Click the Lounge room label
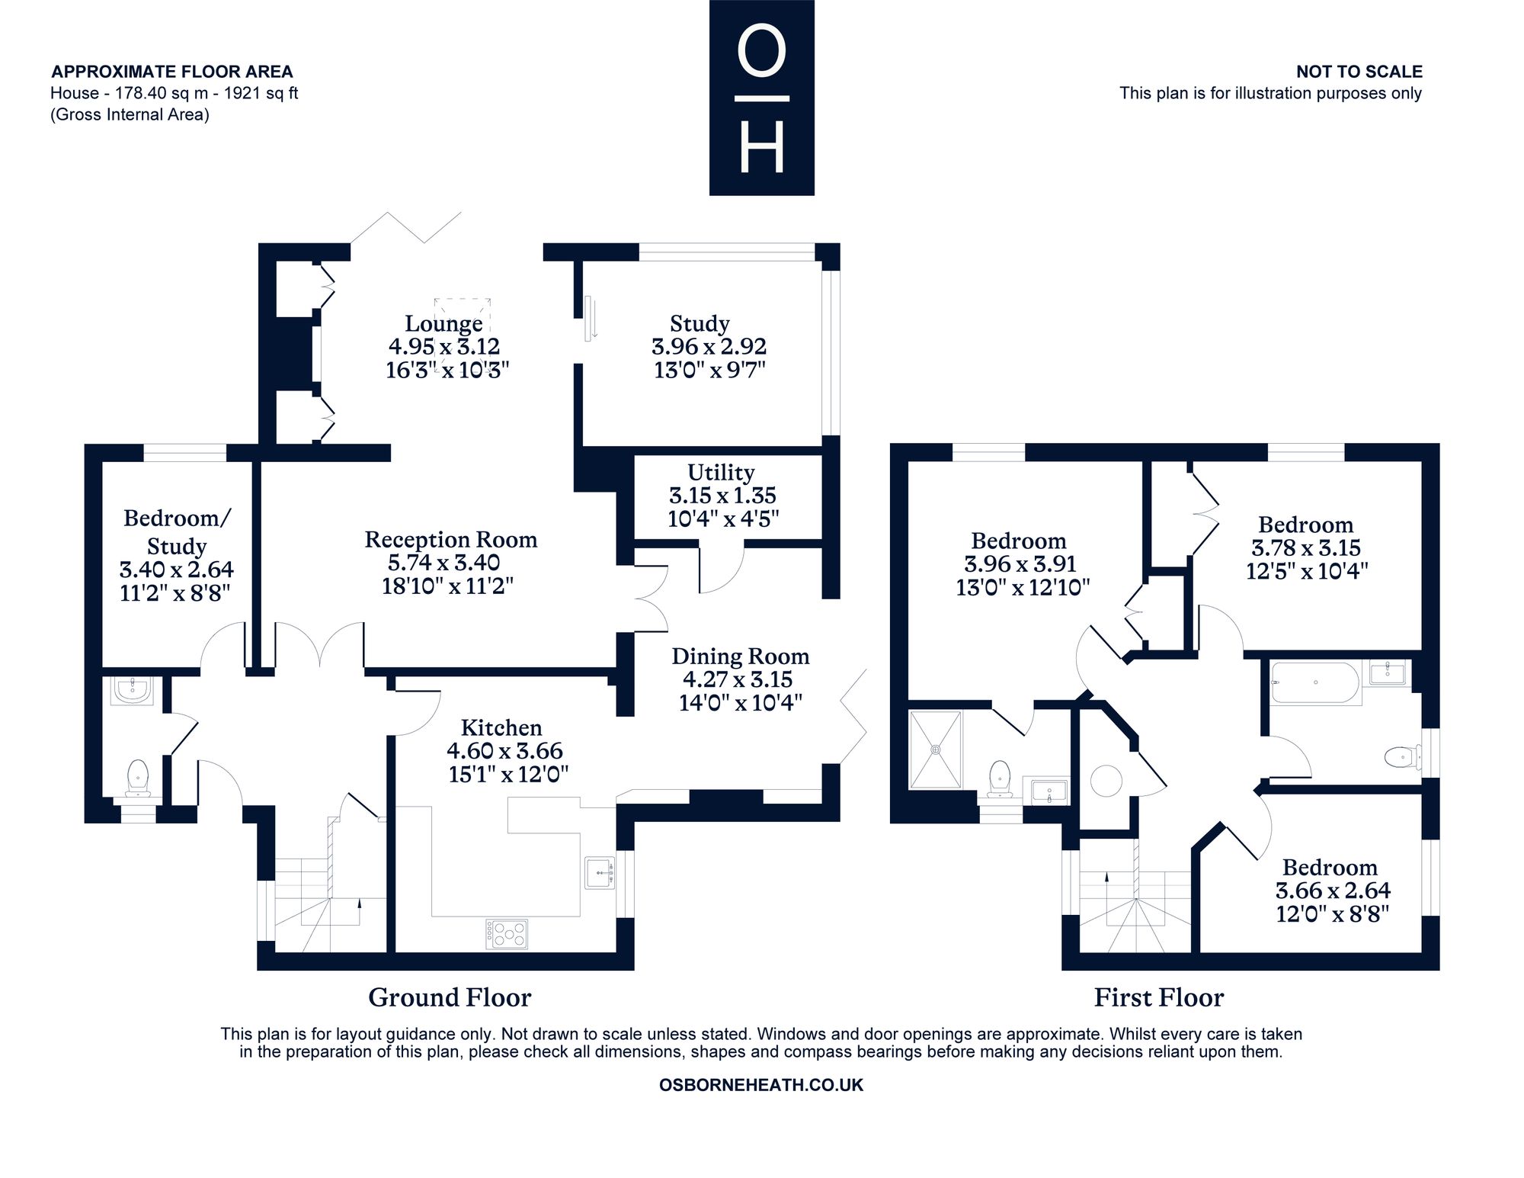pos(443,324)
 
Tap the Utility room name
pos(721,472)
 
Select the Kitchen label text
pos(501,727)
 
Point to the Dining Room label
pos(740,656)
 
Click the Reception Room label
pos(450,540)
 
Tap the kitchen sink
pos(600,873)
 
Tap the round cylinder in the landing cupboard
pos(1106,781)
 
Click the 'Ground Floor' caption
pos(450,997)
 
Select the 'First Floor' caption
pos(1159,997)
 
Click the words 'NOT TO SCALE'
pos(1359,72)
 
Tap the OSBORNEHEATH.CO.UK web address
pos(761,1085)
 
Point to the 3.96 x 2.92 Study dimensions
pos(709,347)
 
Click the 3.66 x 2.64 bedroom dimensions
pos(1333,891)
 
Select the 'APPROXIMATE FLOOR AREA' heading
pos(172,72)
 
